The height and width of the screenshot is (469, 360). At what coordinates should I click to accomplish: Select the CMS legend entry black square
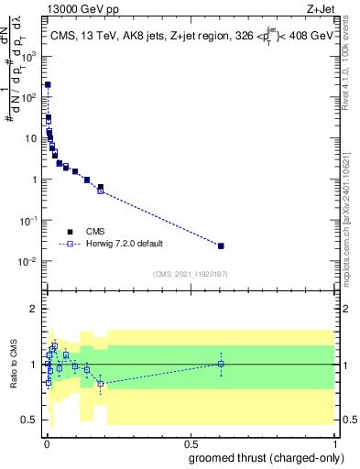point(70,232)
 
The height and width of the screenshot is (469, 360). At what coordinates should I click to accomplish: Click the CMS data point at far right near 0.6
point(221,245)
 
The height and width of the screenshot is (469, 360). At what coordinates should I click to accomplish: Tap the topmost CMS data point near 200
point(48,84)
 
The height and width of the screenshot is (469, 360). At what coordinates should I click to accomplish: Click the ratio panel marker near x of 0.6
point(221,364)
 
